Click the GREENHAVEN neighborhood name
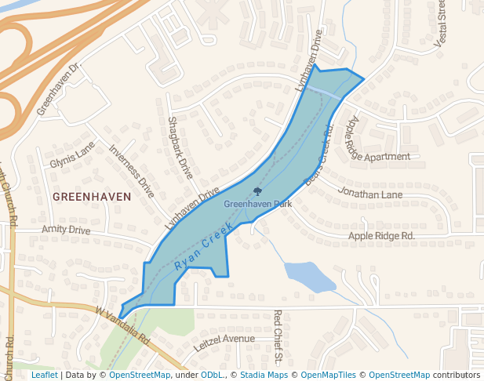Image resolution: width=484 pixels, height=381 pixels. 92,197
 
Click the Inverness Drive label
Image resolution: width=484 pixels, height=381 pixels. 132,169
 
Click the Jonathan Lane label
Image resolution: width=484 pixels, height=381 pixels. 370,193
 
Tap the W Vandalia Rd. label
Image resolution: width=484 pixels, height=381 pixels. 122,326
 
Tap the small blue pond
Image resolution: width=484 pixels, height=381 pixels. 309,275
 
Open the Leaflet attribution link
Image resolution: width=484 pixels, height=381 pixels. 44,376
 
